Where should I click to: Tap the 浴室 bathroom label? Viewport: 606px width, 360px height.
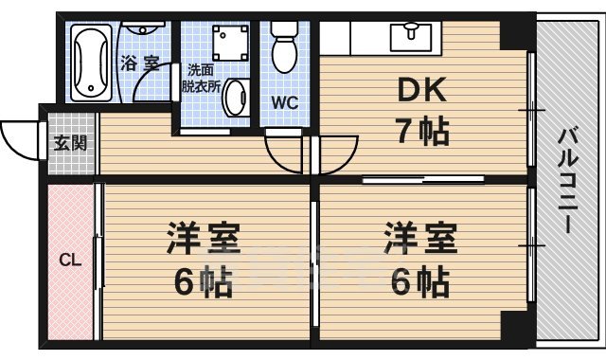pos(139,63)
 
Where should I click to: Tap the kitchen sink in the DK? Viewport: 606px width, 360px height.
pos(413,34)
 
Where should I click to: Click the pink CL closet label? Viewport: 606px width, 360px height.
pos(69,258)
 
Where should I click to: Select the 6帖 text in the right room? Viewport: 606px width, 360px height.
pos(418,280)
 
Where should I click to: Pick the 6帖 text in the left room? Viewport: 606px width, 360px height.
pos(203,280)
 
